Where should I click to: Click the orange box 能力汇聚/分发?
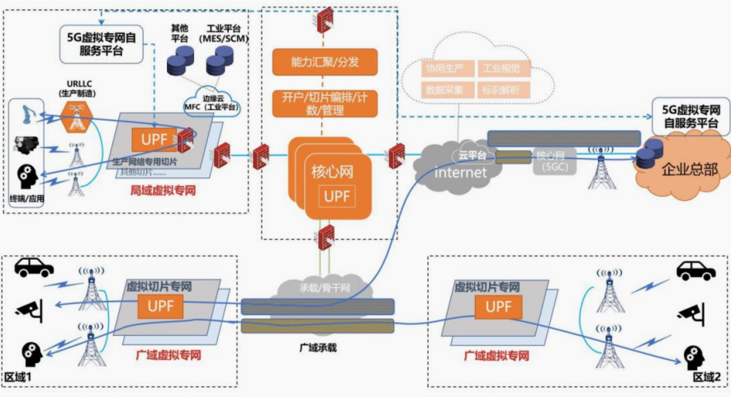(325, 61)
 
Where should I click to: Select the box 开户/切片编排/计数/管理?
(325, 103)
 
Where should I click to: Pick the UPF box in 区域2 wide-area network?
(498, 307)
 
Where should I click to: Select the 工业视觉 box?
(501, 69)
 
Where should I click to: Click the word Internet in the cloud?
(461, 172)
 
